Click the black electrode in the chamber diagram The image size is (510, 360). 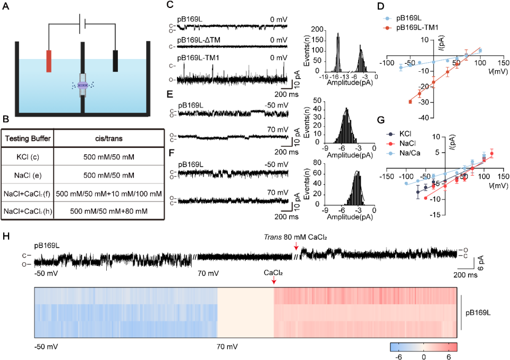(116, 61)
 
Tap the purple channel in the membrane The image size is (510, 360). (83, 85)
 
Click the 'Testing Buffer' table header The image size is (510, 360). (28, 139)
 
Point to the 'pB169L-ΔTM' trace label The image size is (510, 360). (197, 40)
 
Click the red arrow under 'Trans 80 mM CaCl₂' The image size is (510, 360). (296, 246)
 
